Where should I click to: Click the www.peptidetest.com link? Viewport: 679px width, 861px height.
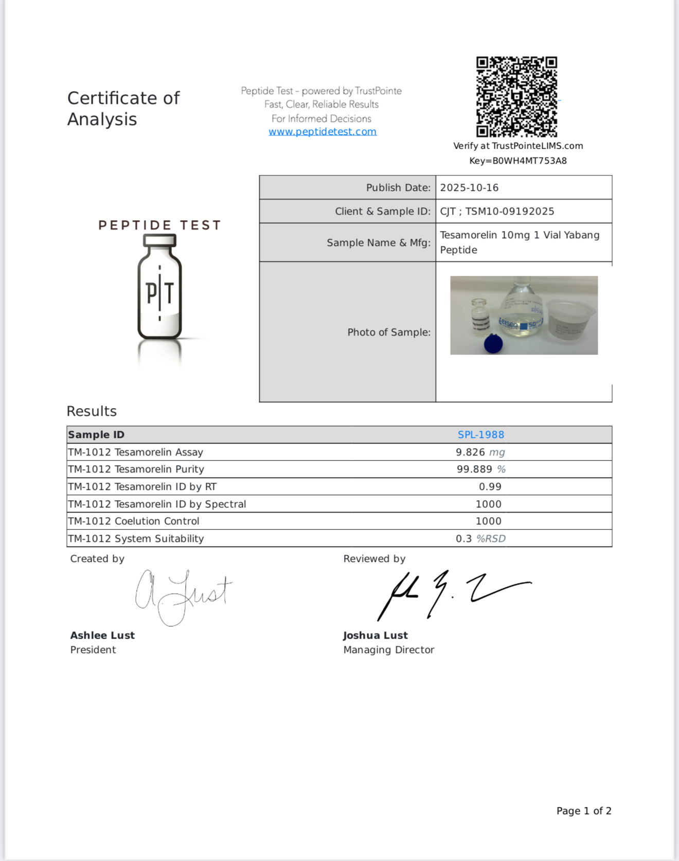(323, 132)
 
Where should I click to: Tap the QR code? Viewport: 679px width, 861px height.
(516, 97)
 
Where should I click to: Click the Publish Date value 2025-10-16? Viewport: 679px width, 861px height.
(469, 188)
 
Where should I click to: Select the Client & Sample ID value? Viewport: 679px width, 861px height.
(497, 212)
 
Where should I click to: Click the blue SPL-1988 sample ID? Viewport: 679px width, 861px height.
(480, 435)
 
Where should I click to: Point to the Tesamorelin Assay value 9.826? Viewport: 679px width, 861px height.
(470, 452)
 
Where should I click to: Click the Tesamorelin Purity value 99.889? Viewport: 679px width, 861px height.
(474, 469)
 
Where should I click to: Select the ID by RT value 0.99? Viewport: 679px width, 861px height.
(490, 487)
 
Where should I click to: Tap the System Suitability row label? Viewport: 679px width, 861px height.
(136, 539)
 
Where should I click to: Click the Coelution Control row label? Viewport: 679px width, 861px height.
(133, 521)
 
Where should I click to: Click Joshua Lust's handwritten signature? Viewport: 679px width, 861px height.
(453, 594)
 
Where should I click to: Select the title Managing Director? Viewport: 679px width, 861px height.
(388, 650)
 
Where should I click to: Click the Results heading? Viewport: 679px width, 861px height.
(92, 411)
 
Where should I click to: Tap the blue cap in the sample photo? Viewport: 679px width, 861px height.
(494, 343)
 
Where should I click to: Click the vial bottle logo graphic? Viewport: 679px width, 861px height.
(159, 288)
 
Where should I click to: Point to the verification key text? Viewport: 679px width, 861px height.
(517, 161)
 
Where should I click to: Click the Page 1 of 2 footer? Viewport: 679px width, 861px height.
(583, 811)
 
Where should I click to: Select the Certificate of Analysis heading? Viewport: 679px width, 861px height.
(123, 109)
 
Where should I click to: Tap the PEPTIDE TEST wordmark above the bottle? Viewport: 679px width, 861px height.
(159, 225)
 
